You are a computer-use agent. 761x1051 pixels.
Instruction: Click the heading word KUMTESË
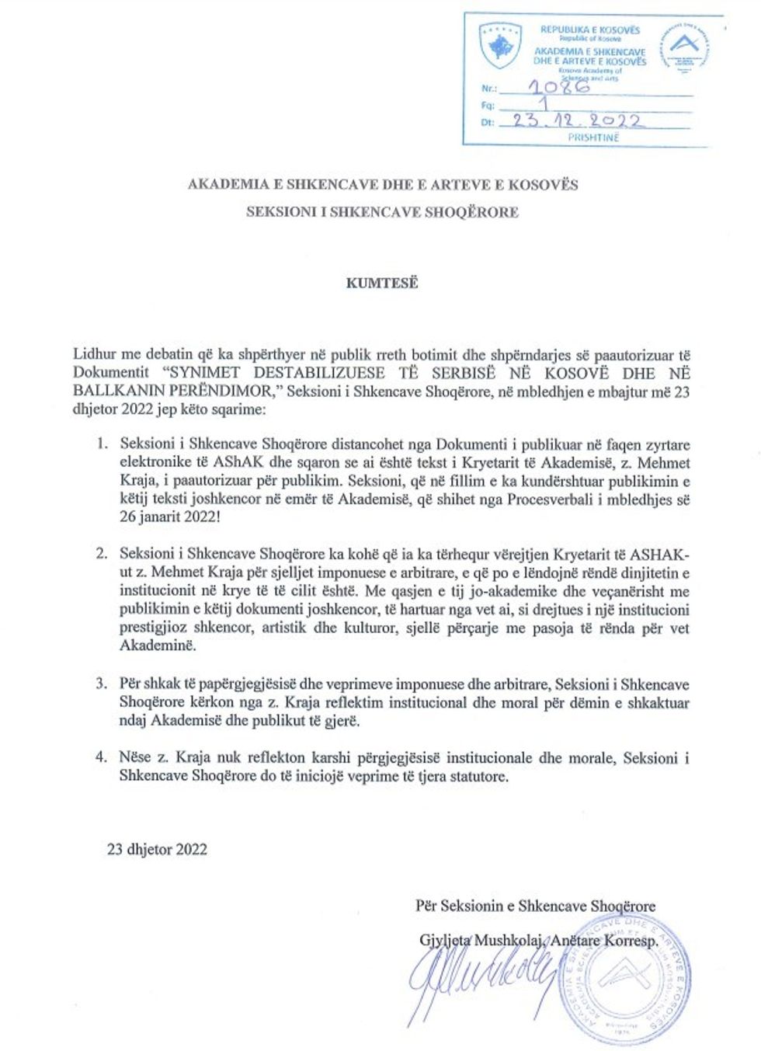coord(382,283)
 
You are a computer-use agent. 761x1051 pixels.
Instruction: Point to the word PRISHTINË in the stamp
coord(593,137)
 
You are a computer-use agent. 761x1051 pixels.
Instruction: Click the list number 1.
coord(101,444)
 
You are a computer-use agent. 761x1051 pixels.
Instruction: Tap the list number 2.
coord(101,554)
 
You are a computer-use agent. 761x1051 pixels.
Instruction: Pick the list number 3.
coord(101,684)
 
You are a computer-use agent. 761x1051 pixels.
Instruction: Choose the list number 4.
coord(101,757)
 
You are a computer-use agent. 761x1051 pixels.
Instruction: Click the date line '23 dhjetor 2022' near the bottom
coord(158,849)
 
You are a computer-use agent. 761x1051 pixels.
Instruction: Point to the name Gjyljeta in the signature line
coord(444,940)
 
